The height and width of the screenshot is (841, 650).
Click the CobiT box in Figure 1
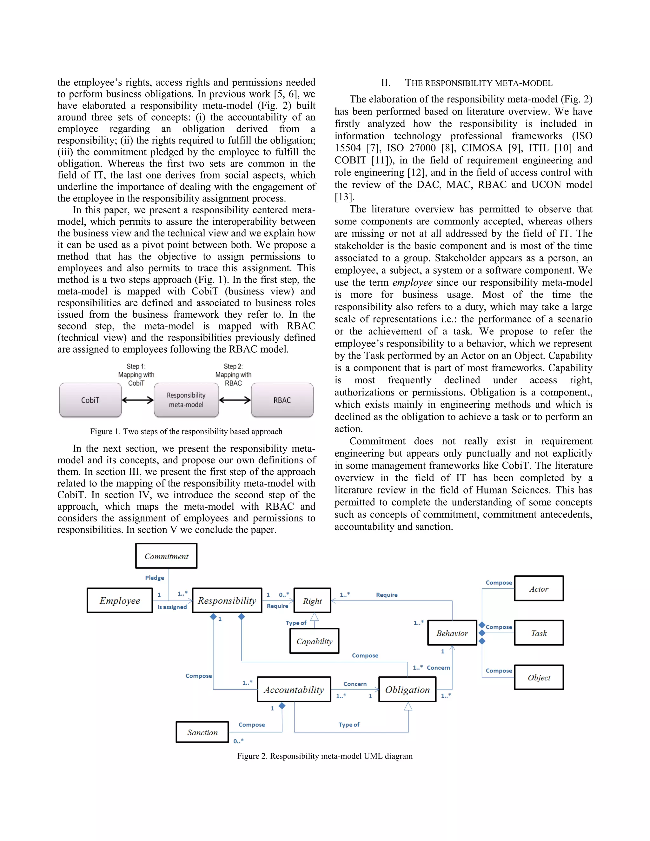pyautogui.click(x=90, y=400)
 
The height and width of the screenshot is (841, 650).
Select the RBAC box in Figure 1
pyautogui.click(x=282, y=400)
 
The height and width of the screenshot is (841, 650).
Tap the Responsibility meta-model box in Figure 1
pyautogui.click(x=186, y=400)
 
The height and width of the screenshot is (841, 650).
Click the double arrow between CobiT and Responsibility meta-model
pyautogui.click(x=137, y=400)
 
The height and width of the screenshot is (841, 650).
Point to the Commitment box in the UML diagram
pyautogui.click(x=166, y=556)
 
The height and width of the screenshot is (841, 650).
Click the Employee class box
pyautogui.click(x=120, y=601)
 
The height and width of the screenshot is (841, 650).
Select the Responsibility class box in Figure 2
pyautogui.click(x=227, y=601)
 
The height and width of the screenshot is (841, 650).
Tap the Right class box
pyautogui.click(x=312, y=601)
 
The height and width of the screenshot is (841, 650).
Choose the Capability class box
pyautogui.click(x=314, y=641)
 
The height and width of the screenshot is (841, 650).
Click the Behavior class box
pyautogui.click(x=452, y=633)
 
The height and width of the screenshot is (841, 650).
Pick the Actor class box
pyautogui.click(x=539, y=589)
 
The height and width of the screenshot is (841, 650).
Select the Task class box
pyautogui.click(x=539, y=633)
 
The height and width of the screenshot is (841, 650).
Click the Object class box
pyautogui.click(x=539, y=678)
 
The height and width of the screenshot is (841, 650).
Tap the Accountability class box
pyautogui.click(x=294, y=690)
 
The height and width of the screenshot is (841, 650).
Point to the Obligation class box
pyautogui.click(x=408, y=690)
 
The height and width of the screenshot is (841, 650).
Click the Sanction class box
pyautogui.click(x=202, y=732)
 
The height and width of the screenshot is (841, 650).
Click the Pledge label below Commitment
pyautogui.click(x=155, y=578)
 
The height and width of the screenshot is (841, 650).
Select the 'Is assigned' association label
pyautogui.click(x=172, y=607)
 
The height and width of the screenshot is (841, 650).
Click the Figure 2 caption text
pyautogui.click(x=325, y=756)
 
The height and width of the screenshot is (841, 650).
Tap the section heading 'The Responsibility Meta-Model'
pyautogui.click(x=478, y=83)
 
